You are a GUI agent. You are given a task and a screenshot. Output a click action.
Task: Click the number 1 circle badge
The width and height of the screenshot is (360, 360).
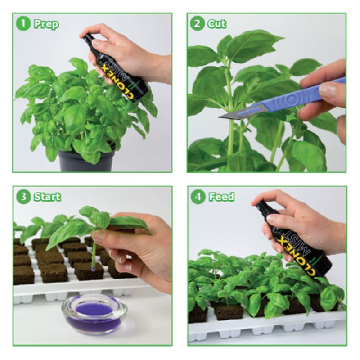click(23, 24)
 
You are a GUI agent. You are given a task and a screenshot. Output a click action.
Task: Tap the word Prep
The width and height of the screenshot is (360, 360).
click(46, 24)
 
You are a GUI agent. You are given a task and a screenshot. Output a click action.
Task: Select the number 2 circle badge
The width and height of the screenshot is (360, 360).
click(197, 24)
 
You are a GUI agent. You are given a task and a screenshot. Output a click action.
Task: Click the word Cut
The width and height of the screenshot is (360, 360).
click(217, 24)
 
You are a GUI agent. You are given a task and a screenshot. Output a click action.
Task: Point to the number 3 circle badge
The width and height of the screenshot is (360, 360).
click(23, 197)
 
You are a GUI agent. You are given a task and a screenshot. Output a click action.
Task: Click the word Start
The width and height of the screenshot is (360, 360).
click(47, 197)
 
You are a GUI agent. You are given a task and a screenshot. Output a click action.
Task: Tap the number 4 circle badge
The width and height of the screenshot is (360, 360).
click(197, 197)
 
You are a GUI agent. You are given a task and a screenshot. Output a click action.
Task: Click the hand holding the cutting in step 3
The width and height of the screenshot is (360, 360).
click(135, 245)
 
